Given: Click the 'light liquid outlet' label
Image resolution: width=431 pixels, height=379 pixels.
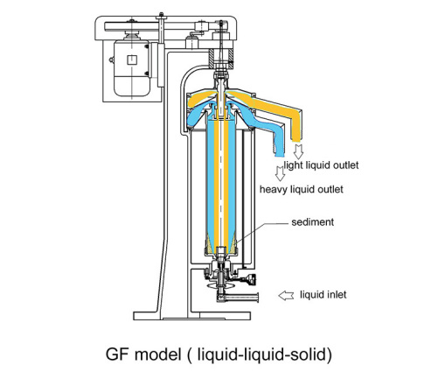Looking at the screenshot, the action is [x=321, y=165].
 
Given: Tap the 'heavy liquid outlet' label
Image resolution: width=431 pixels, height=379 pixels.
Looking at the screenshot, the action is [x=302, y=189].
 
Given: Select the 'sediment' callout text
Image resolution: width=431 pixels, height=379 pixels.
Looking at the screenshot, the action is [x=312, y=222].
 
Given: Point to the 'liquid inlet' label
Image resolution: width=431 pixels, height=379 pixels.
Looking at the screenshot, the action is [x=323, y=295].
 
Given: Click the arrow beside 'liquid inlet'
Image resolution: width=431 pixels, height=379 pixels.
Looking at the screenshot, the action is [x=286, y=296].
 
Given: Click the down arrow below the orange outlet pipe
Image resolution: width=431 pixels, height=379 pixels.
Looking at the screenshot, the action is [x=298, y=151].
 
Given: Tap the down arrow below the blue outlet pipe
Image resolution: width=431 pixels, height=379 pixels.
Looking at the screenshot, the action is [x=280, y=173].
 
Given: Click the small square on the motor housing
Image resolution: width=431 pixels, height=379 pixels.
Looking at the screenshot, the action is [x=132, y=60].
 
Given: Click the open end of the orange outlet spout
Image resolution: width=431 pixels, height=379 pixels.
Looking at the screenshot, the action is [x=296, y=140].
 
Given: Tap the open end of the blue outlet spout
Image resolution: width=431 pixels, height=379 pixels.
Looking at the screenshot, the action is [x=280, y=155].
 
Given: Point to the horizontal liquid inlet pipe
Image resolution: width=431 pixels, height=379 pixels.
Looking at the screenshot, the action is [x=242, y=298].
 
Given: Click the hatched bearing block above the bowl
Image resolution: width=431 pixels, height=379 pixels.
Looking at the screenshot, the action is [x=221, y=59].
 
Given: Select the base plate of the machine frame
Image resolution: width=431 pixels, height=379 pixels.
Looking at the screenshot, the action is [x=192, y=316].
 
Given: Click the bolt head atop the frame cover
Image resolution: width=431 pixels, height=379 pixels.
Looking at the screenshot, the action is [x=161, y=16].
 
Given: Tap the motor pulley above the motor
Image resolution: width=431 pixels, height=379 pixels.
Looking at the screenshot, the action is [x=132, y=35].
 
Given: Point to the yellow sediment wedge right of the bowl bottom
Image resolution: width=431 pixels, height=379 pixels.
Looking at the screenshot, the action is [x=233, y=246].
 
